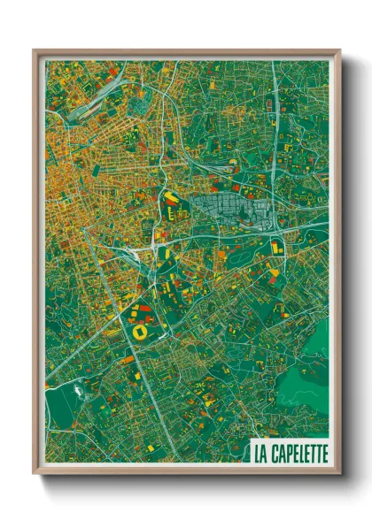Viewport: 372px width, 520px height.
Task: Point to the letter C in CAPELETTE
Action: tap(274, 452)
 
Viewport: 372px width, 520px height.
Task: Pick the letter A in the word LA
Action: tap(264, 452)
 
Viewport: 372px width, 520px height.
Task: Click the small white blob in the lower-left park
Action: tap(85, 386)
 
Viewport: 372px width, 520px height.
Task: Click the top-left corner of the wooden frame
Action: tap(35, 51)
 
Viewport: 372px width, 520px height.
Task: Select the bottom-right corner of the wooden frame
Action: tap(339, 473)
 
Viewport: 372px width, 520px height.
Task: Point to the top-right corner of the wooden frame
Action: tap(339, 51)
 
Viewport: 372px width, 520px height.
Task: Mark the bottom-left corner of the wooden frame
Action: tap(35, 473)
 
